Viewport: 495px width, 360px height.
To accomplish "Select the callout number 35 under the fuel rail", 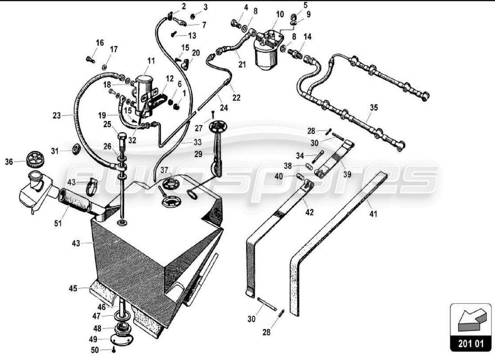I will point(374,108).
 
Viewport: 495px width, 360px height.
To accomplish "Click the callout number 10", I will point(280,14).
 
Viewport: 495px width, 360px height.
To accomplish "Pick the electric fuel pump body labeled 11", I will point(144,85).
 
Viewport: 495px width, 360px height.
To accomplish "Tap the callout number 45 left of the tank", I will point(73,288).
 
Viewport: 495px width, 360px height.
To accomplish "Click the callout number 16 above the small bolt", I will point(99,43).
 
